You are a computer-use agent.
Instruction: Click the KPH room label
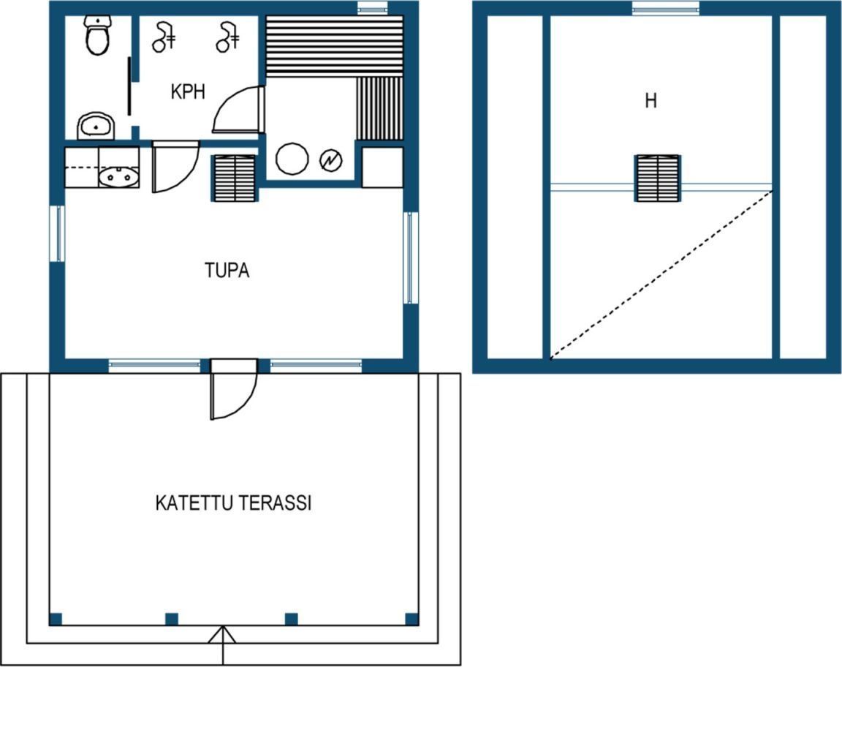[x=188, y=91]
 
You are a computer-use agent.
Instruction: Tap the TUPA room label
[x=227, y=270]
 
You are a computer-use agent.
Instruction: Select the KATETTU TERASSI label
[x=234, y=503]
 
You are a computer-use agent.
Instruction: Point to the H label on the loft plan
[x=651, y=100]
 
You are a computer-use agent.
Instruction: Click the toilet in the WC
[x=97, y=35]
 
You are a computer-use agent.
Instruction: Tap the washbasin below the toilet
[x=96, y=127]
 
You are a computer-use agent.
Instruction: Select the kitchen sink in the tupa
[x=118, y=176]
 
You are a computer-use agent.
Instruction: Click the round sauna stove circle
[x=292, y=159]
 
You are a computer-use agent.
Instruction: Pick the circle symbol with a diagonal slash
[x=331, y=160]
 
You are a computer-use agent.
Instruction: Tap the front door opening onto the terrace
[x=234, y=390]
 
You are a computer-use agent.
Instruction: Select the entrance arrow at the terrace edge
[x=222, y=644]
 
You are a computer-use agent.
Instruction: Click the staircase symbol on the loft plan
[x=658, y=178]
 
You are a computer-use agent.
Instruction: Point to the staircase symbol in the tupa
[x=235, y=178]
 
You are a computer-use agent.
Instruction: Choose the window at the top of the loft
[x=666, y=8]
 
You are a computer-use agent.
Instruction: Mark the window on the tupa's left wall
[x=58, y=234]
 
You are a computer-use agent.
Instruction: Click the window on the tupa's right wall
[x=411, y=257]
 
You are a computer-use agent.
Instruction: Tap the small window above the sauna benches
[x=372, y=8]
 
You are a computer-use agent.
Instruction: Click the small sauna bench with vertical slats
[x=379, y=108]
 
